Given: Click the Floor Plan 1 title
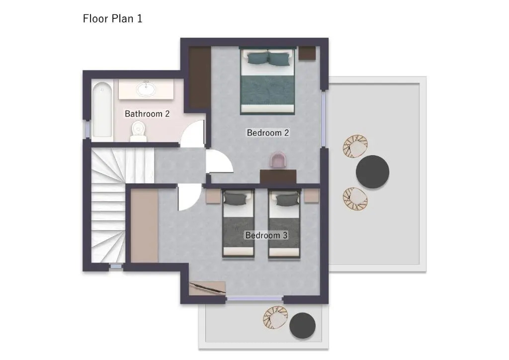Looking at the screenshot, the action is click(x=112, y=18).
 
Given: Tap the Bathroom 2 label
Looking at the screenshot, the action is click(x=147, y=113).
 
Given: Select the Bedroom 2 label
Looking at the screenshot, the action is click(x=268, y=132).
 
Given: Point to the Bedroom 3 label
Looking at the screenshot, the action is click(x=266, y=235).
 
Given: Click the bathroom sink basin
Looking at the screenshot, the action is click(x=146, y=89).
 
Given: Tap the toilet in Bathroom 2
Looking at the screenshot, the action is click(x=138, y=131).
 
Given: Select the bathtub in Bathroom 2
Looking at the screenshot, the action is click(x=102, y=109).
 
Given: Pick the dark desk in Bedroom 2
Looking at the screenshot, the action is click(x=278, y=176).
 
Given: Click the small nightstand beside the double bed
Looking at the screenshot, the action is click(x=307, y=53).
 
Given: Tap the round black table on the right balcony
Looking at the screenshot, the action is click(x=372, y=172).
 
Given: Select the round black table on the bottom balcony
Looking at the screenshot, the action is click(x=302, y=325).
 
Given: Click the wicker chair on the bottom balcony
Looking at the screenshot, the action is click(x=275, y=317).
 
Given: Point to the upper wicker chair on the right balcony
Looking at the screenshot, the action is click(x=355, y=146).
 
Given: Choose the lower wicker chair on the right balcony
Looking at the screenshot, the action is click(x=355, y=199).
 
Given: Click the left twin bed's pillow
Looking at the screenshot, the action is click(x=235, y=198).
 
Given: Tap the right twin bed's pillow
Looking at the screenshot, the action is click(x=287, y=199).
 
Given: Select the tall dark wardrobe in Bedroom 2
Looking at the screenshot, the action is click(x=200, y=77).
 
